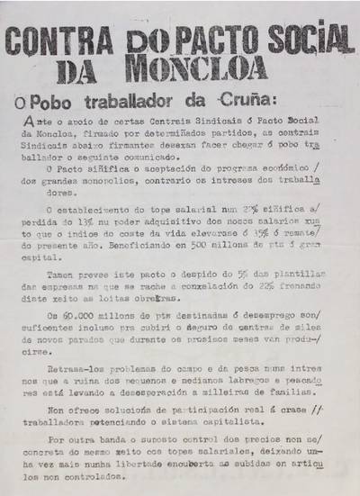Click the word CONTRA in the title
coord(65,40)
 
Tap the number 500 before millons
coord(202,229)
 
